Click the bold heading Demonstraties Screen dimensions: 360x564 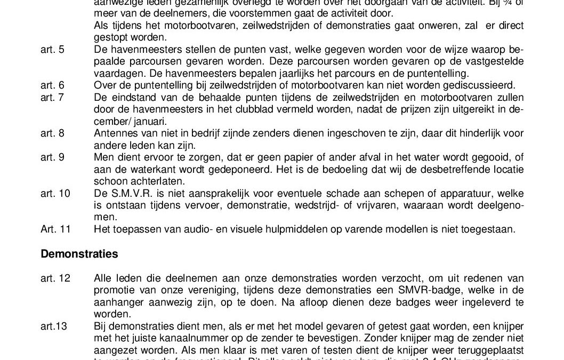pyautogui.click(x=79, y=254)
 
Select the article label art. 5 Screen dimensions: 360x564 pyautogui.click(x=52, y=50)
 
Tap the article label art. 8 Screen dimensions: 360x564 pyautogui.click(x=52, y=133)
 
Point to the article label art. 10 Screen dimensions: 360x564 pyautogui.click(x=55, y=193)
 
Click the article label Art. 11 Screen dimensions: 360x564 pyautogui.click(x=55, y=229)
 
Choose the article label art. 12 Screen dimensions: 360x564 pyautogui.click(x=55, y=278)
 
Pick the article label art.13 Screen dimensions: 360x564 pyautogui.click(x=54, y=326)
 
